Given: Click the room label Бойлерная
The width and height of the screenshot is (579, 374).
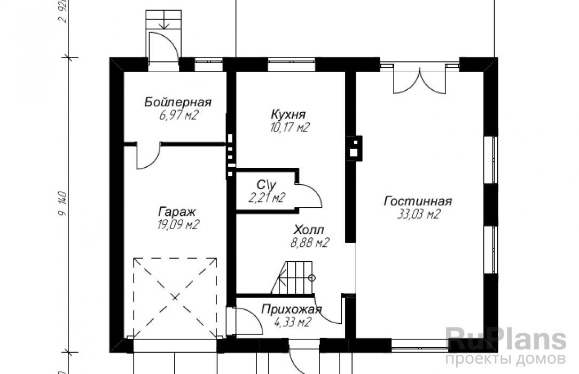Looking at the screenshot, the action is pyautogui.click(x=178, y=102).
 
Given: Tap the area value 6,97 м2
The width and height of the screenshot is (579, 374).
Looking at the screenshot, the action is pyautogui.click(x=179, y=115).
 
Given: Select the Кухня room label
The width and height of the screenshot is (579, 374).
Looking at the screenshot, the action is pyautogui.click(x=288, y=114).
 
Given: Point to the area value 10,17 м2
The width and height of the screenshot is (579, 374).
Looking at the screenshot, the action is pyautogui.click(x=289, y=127).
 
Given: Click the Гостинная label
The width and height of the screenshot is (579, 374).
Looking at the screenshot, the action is pyautogui.click(x=418, y=201).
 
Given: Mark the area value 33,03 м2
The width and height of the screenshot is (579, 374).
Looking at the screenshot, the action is pyautogui.click(x=419, y=214).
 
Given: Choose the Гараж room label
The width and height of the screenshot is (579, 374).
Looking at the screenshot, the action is pyautogui.click(x=177, y=212).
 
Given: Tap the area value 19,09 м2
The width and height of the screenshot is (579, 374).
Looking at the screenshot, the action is pyautogui.click(x=178, y=224).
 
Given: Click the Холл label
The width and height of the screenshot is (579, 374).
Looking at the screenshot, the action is pyautogui.click(x=309, y=230).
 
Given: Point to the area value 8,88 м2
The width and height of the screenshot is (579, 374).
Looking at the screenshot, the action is pyautogui.click(x=309, y=243).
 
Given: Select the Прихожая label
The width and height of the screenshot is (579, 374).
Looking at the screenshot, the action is pyautogui.click(x=291, y=309).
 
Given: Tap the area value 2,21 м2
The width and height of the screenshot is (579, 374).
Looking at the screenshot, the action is pyautogui.click(x=267, y=198).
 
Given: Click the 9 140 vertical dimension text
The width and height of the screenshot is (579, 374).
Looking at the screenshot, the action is pyautogui.click(x=63, y=204).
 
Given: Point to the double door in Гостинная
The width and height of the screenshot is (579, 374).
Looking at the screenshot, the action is pyautogui.click(x=420, y=79).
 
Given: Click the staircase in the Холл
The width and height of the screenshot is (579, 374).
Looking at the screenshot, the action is pyautogui.click(x=294, y=278).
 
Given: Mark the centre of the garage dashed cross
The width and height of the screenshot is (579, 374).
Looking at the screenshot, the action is pyautogui.click(x=175, y=297).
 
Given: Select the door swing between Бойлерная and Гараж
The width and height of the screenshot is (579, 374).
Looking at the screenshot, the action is pyautogui.click(x=148, y=156).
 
